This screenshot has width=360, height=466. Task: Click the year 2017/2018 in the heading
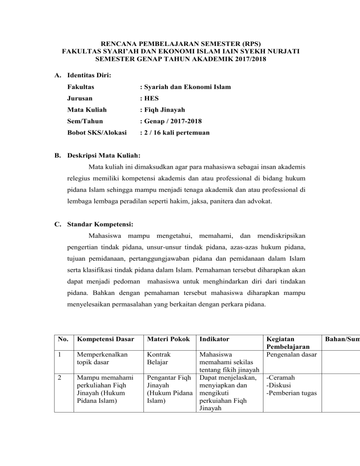[x=240, y=60]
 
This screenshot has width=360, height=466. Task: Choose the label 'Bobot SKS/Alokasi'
[x=97, y=133]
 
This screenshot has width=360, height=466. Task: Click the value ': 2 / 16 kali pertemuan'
[x=175, y=133]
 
